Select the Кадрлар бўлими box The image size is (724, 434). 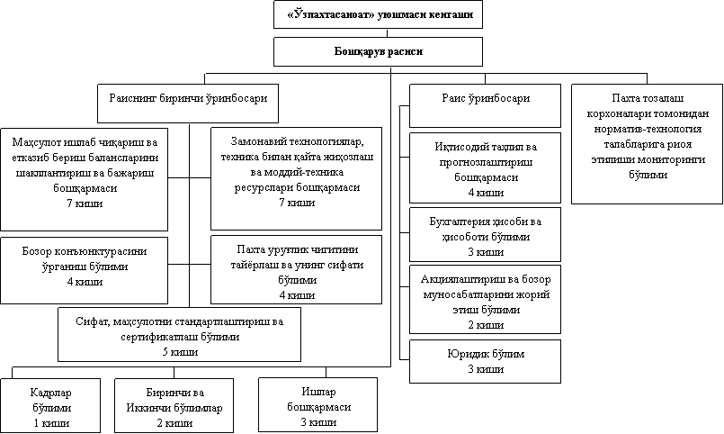pos(50,407)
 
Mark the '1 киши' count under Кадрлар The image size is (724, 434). pos(50,422)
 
